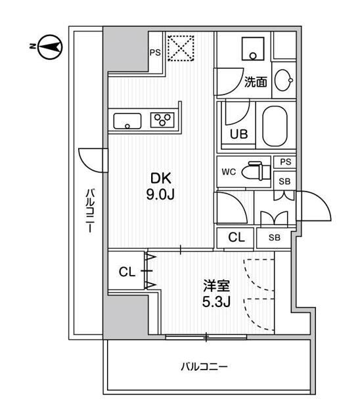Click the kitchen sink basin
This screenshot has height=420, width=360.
click(127, 121)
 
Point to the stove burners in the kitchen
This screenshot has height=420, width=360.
click(161, 120)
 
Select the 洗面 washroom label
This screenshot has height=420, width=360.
click(255, 82)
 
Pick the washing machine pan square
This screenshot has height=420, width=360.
click(252, 47)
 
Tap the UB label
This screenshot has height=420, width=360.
click(238, 136)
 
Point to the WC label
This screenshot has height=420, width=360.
click(228, 172)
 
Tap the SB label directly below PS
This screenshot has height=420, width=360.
click(284, 180)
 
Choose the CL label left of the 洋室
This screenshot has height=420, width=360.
click(127, 272)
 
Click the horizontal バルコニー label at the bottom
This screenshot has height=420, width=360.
click(205, 367)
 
